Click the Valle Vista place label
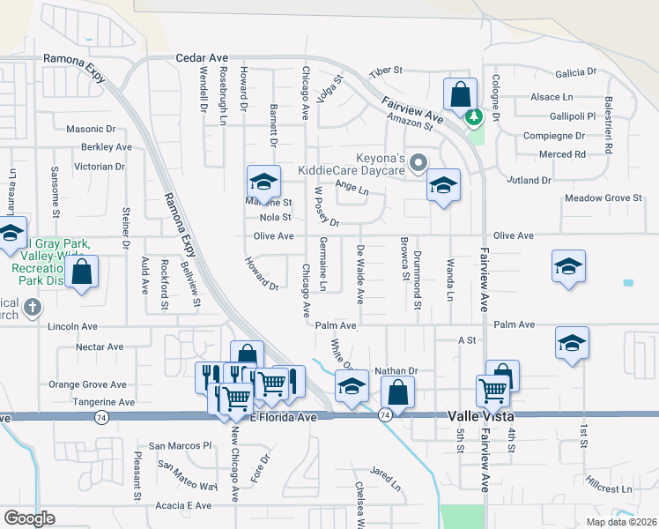(477, 414)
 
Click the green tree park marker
(475, 115)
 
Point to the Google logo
(29, 518)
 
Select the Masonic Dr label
(91, 129)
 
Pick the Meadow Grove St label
(603, 198)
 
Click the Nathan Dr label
(395, 371)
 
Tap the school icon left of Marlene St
(263, 182)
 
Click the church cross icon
(32, 307)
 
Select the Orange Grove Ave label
(87, 384)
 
